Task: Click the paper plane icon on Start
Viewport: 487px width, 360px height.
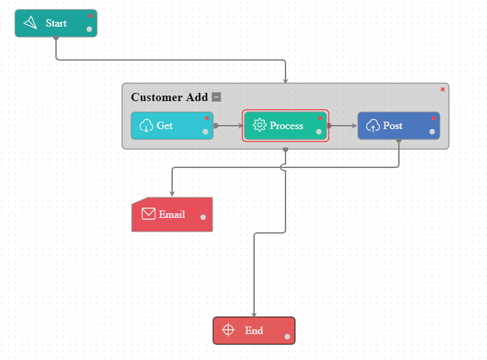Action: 30,23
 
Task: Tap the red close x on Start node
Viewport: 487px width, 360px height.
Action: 91,15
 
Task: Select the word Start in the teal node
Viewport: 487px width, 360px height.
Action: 56,23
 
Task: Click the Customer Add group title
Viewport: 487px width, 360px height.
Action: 169,97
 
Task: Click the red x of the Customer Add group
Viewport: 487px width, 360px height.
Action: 443,89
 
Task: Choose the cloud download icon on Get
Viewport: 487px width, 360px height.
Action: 146,126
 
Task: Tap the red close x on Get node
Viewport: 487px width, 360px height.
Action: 206,117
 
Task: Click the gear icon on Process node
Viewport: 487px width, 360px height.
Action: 259,125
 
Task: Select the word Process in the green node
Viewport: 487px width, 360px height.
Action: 286,126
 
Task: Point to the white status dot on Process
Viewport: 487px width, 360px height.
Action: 318,132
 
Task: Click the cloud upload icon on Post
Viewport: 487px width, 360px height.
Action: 373,126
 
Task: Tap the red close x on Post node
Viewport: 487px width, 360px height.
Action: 433,117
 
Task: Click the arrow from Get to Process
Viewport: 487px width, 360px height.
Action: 229,126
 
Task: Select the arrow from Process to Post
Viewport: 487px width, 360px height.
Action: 344,126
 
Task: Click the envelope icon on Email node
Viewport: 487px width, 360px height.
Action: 148,214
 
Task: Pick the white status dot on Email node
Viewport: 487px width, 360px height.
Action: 203,217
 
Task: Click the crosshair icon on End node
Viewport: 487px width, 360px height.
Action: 229,330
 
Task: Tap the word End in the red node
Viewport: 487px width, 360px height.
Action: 254,331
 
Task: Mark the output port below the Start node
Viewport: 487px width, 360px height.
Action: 56,38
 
